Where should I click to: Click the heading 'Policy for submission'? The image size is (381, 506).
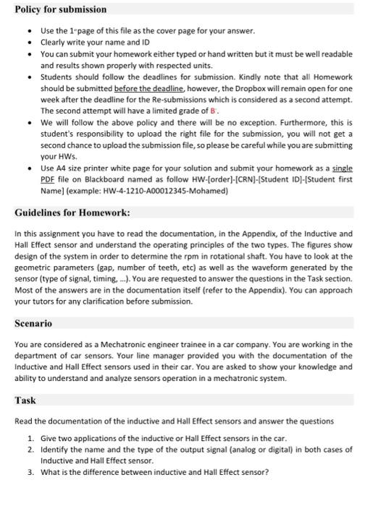[x=60, y=9]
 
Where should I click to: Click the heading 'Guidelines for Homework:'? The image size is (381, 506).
[x=72, y=213]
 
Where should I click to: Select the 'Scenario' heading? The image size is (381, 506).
[x=33, y=323]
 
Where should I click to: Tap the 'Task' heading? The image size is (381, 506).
[x=25, y=400]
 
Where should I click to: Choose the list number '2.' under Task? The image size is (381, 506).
[x=30, y=449]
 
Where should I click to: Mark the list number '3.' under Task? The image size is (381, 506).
[x=30, y=472]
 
